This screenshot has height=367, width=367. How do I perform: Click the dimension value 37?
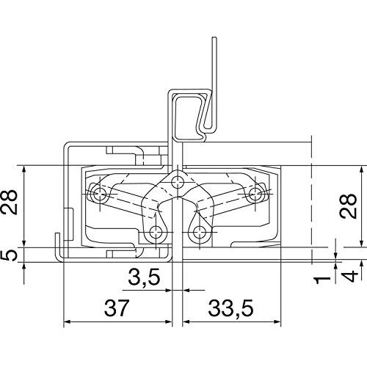[116, 308]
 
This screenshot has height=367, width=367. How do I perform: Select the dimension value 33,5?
[230, 308]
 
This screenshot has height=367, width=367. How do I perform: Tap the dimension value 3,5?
[145, 277]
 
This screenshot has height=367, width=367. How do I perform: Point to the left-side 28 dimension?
[10, 202]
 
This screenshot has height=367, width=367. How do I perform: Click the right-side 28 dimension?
[348, 206]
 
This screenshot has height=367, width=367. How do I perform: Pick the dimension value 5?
[10, 255]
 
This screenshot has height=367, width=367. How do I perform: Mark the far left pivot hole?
[100, 195]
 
